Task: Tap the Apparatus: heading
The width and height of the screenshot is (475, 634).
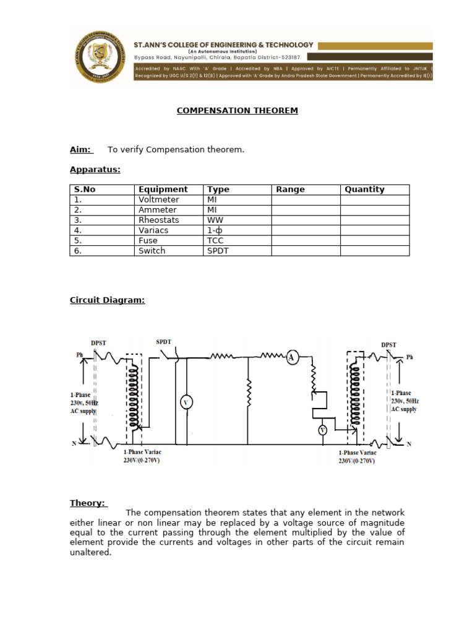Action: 95,170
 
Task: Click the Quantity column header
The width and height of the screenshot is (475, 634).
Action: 364,189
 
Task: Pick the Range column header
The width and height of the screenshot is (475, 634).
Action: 290,189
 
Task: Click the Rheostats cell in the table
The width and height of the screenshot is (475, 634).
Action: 159,220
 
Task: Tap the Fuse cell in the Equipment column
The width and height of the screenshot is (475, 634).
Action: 148,240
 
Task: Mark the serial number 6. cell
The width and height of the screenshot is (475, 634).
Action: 78,251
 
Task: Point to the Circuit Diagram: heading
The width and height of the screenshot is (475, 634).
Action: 107,300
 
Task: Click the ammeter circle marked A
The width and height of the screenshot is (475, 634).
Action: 292,357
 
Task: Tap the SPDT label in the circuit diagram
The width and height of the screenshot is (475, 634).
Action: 164,342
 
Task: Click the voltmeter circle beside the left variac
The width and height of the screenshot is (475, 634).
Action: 185,402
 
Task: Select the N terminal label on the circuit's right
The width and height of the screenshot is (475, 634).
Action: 409,444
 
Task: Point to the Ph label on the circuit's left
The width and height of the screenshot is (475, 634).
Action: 79,355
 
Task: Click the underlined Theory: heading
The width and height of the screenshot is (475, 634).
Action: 87,503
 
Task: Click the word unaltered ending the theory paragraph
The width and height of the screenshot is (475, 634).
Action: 90,552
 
